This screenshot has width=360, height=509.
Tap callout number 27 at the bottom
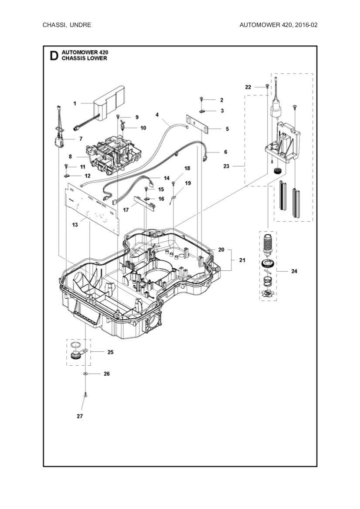click(80, 416)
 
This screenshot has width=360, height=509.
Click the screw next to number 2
click(202, 100)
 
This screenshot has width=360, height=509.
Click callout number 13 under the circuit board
click(75, 225)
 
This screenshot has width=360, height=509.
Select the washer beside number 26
click(85, 374)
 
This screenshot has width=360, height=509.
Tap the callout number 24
click(294, 271)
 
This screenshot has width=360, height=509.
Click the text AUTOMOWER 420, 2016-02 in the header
click(278, 25)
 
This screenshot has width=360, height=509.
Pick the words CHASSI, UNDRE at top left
click(67, 25)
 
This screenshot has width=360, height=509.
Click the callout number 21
click(242, 260)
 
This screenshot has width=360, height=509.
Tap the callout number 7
click(80, 139)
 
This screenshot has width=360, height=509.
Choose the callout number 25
click(110, 352)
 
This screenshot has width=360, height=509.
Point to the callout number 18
click(187, 168)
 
